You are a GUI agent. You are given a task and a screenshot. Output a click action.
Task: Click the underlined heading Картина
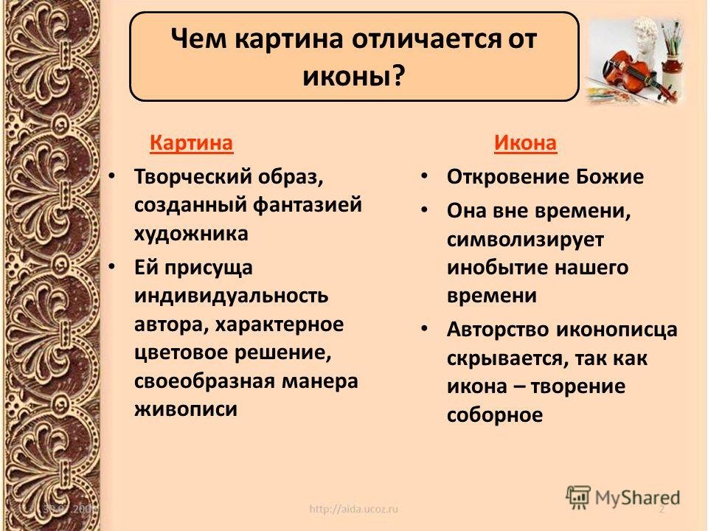point(192,143)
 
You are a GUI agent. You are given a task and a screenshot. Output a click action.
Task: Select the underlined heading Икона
point(525,143)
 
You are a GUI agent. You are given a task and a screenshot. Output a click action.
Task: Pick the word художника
point(191,235)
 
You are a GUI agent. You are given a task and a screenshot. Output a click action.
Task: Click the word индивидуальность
point(231,296)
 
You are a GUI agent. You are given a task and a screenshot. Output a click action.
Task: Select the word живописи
point(186,409)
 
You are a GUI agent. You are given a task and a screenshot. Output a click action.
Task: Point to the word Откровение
point(507,177)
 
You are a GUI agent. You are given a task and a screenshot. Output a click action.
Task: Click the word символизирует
point(525,240)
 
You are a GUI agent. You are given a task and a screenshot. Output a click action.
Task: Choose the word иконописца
point(617,330)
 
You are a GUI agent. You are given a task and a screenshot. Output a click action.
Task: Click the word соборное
point(495,415)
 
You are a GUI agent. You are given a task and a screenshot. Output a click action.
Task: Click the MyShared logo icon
point(578,498)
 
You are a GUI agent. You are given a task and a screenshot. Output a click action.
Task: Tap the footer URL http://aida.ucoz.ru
point(353,510)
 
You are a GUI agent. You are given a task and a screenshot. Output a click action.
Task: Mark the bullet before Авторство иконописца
point(424,329)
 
